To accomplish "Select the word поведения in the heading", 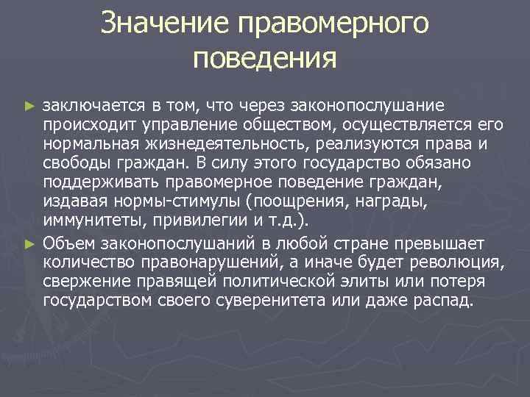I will pos(264,57).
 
